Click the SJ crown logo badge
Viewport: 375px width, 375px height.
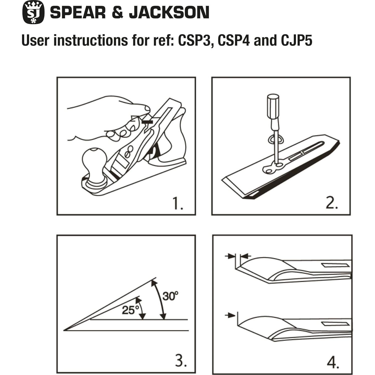coord(33,12)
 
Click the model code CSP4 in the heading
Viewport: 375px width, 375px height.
coord(233,40)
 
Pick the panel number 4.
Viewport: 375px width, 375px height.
coord(333,362)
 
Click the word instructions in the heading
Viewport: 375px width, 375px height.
coord(90,40)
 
